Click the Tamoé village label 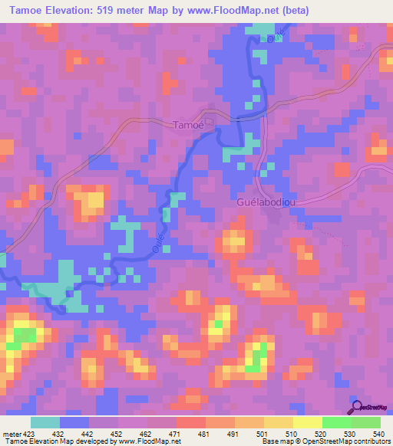pyautogui.click(x=188, y=125)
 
